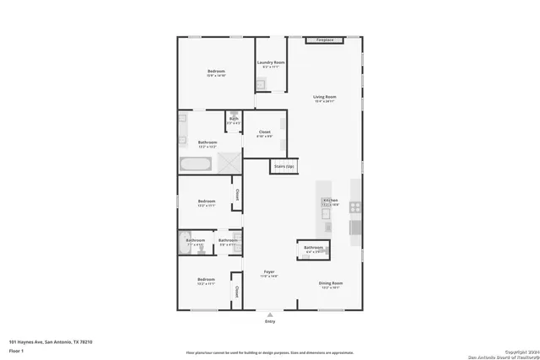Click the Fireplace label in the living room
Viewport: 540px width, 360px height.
324,40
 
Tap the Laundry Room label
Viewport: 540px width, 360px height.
270,63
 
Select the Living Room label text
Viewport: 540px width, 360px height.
325,98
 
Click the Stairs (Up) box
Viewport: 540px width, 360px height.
284,166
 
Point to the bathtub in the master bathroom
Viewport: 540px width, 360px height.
197,164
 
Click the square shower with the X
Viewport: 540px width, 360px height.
229,163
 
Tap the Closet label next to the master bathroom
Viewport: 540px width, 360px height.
264,132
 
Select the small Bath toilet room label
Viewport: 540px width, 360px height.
233,119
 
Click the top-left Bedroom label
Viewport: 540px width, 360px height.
216,72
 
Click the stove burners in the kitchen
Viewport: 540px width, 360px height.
355,207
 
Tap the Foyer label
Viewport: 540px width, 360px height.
269,271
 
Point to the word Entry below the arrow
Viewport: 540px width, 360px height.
270,321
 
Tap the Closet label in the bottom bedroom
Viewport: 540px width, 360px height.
237,292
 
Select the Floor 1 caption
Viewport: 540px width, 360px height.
16,349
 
